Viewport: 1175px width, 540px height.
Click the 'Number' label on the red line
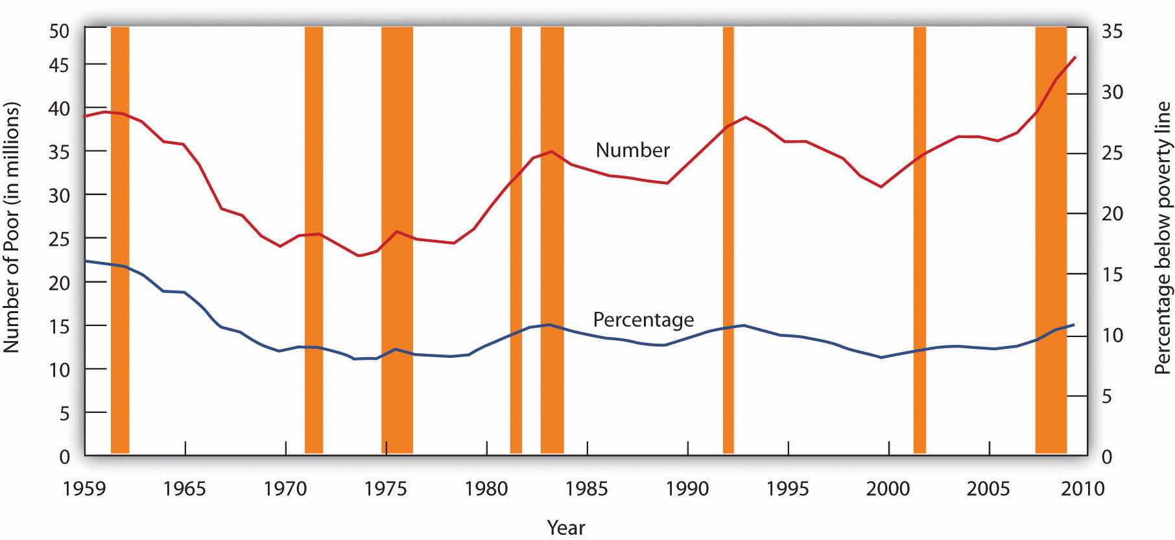pos(632,150)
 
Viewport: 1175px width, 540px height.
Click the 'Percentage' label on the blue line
pos(643,320)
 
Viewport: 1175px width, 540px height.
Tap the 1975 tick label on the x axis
pos(386,488)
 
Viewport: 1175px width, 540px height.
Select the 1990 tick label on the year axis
pos(688,488)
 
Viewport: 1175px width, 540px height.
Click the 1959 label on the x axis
pos(85,488)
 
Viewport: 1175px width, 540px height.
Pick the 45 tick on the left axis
pos(60,64)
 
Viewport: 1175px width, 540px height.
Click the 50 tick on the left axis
pos(60,30)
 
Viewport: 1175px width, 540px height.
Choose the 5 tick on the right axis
pos(1108,395)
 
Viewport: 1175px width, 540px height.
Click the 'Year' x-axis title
pos(566,528)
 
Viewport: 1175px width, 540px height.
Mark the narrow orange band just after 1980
pos(516,240)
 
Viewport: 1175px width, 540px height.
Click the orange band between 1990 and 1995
pos(728,240)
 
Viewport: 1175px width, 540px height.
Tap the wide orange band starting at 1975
pos(397,240)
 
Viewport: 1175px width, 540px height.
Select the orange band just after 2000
pos(920,240)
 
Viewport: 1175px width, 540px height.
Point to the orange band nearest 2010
pos(1050,240)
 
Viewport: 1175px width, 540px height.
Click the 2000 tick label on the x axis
pos(889,488)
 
